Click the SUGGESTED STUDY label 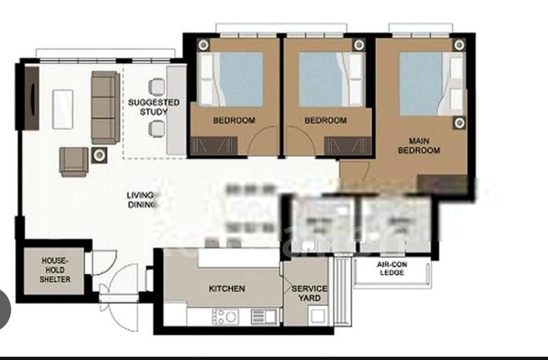153,107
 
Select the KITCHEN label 226,289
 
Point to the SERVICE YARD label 310,293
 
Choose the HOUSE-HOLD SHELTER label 56,270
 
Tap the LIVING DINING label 141,199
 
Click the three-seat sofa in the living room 104,106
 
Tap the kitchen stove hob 227,317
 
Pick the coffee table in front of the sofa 61,106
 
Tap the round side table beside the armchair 99,155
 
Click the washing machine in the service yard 316,317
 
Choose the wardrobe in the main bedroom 441,183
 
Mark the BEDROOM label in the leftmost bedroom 234,120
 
